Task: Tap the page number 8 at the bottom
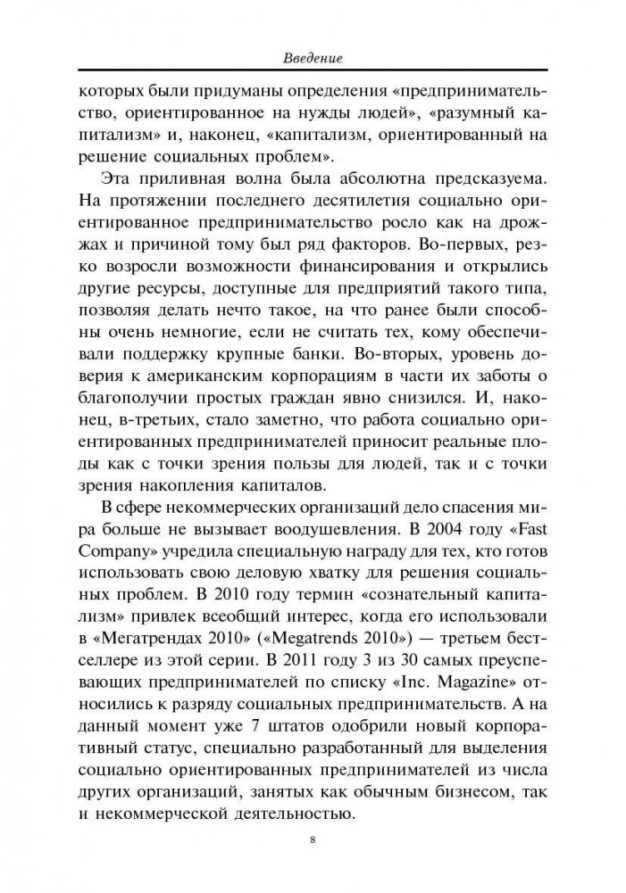coord(313,839)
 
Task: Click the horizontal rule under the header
coord(313,72)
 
